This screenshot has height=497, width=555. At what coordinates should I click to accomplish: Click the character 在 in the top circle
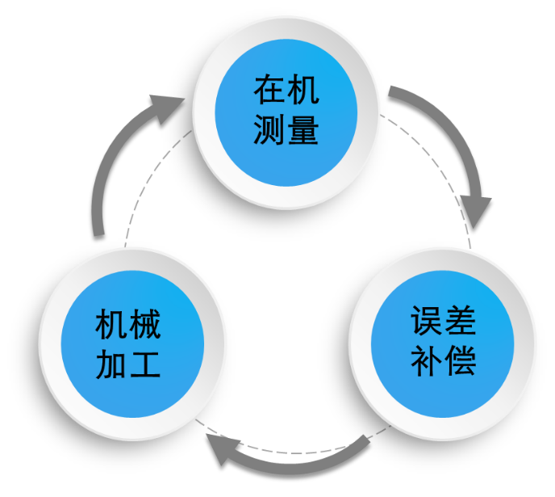(x=269, y=90)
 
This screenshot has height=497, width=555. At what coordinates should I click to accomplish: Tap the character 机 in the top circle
(x=304, y=90)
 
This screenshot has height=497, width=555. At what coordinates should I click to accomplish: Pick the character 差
(x=460, y=321)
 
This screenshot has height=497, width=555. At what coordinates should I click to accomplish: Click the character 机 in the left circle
(x=111, y=325)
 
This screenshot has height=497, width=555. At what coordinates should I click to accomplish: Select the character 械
(x=146, y=325)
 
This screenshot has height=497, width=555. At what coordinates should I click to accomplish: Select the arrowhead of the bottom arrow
(x=223, y=451)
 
